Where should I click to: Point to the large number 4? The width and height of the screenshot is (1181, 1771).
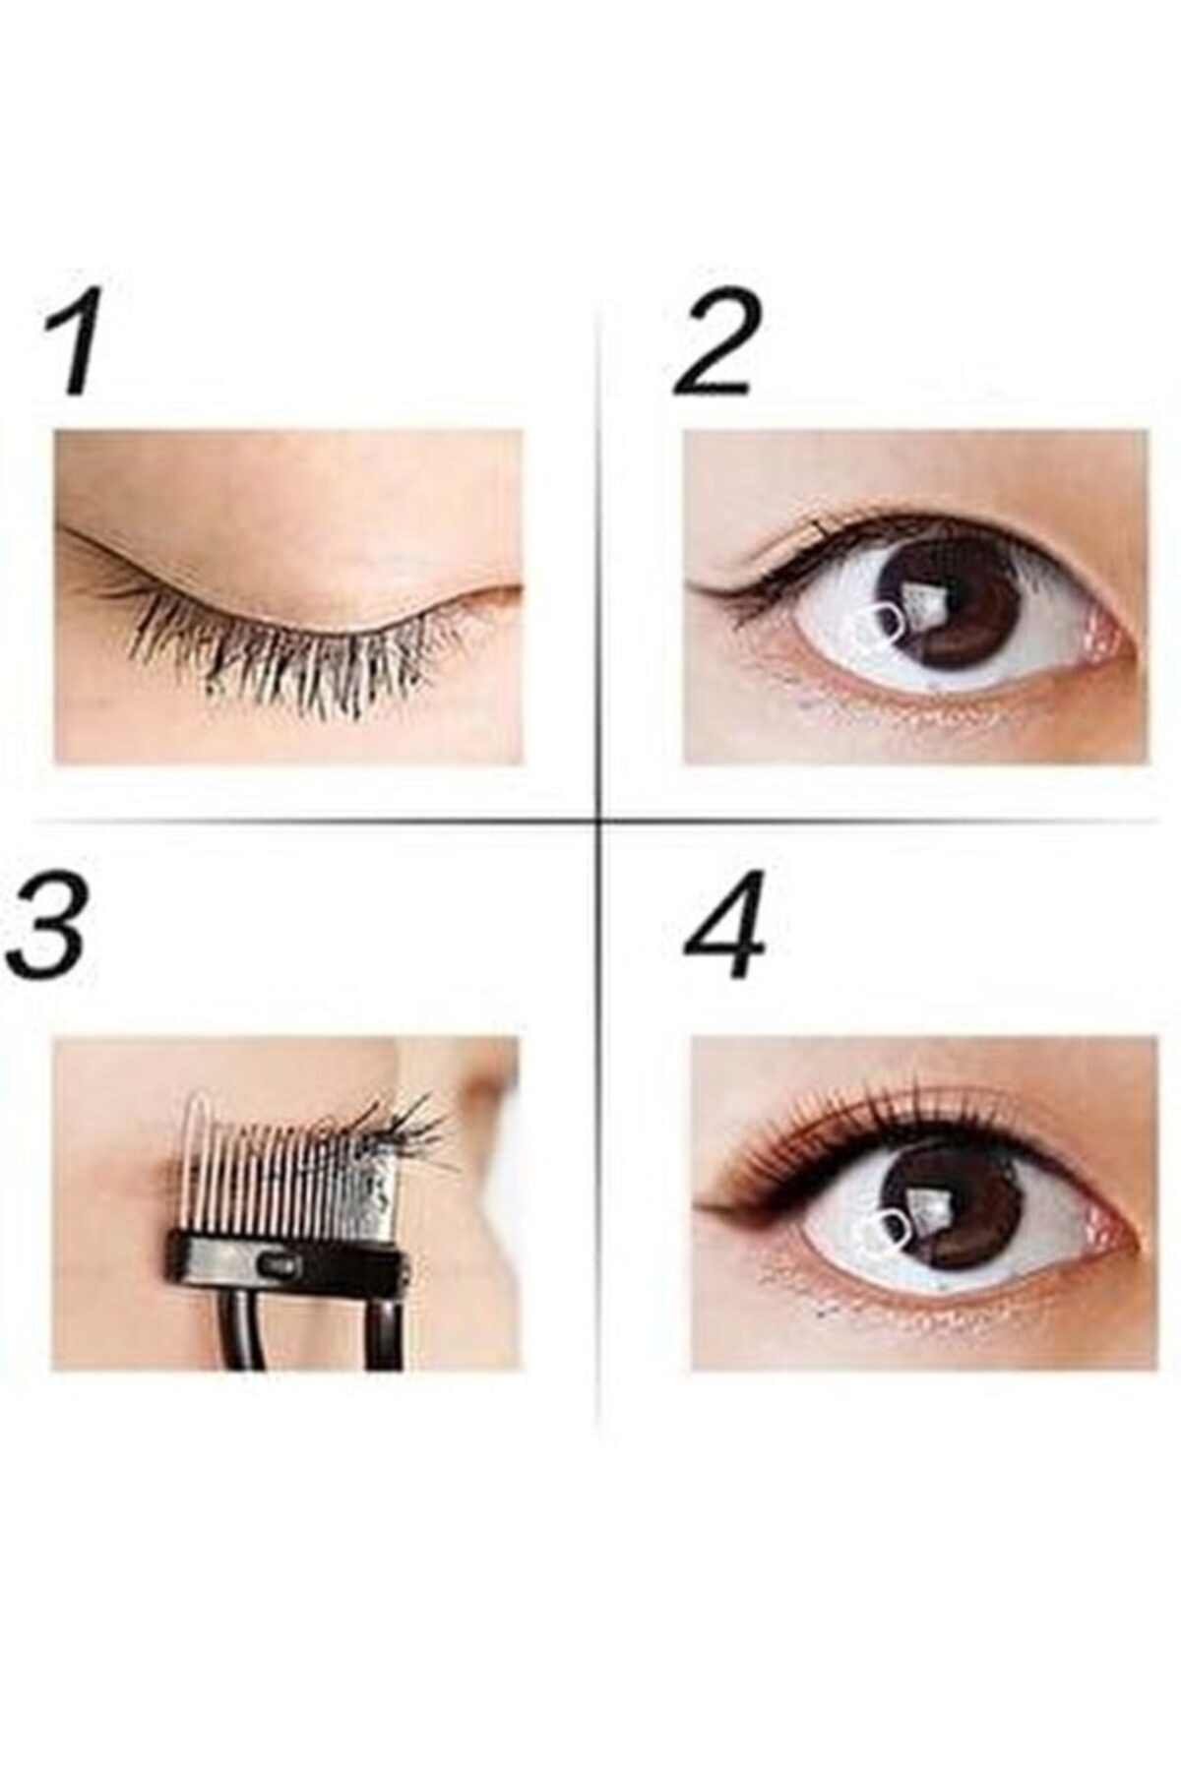[725, 925]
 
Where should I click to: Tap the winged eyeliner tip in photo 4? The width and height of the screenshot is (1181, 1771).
[701, 1202]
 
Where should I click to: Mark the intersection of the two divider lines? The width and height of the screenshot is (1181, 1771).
[600, 819]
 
